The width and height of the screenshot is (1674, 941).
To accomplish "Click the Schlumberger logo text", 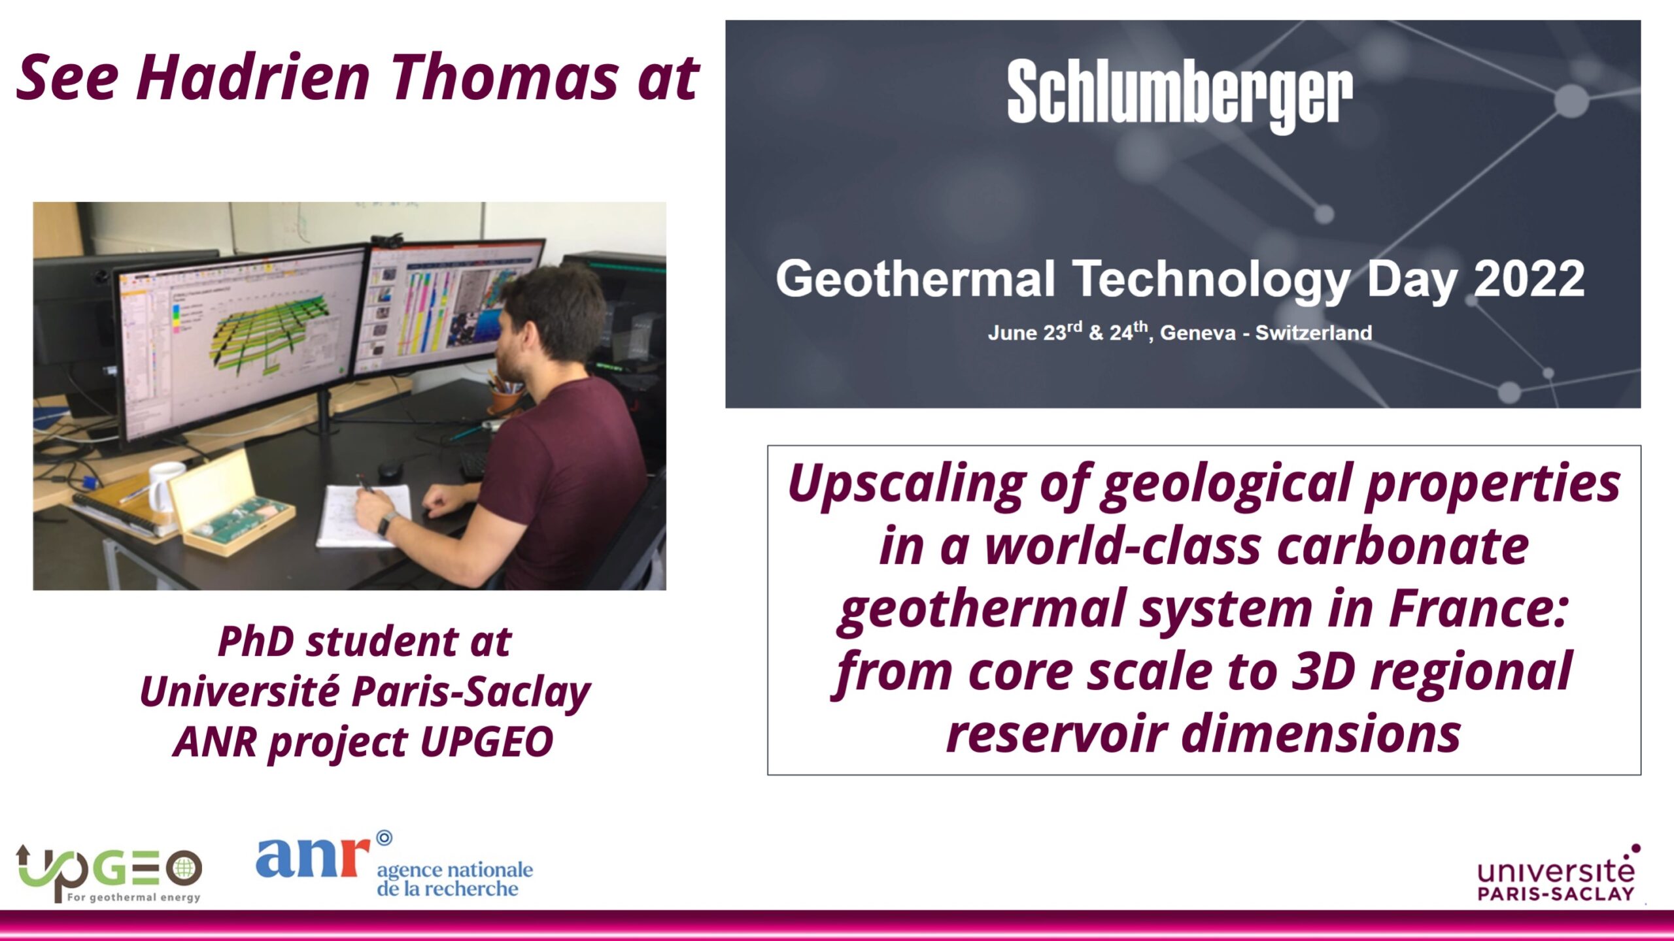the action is click(1180, 95).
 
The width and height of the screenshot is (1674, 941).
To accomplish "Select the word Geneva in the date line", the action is click(1198, 333).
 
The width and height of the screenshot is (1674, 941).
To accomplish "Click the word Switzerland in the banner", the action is click(1314, 333).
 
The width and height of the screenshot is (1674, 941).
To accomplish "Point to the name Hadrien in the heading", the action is click(254, 78).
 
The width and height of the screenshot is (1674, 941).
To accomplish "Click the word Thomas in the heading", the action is click(505, 78).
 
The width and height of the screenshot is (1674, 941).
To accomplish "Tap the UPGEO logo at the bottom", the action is click(109, 874).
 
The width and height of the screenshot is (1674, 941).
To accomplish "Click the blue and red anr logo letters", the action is click(313, 857).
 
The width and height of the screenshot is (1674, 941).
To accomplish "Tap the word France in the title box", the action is click(1478, 608).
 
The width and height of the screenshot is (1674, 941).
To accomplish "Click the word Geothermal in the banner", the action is click(915, 278).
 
